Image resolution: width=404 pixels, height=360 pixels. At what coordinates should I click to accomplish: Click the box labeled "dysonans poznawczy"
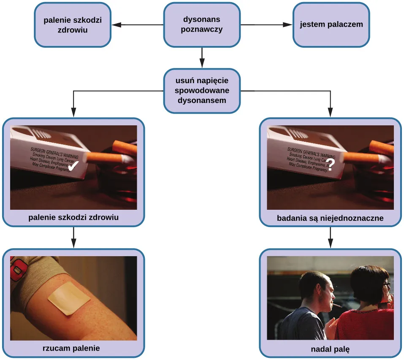click(x=202, y=24)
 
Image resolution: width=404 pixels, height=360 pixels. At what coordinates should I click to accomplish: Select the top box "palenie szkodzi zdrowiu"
click(x=73, y=24)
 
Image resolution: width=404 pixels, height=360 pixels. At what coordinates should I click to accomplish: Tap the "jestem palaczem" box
click(x=331, y=24)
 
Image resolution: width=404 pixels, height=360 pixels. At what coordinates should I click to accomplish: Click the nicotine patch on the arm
click(x=69, y=299)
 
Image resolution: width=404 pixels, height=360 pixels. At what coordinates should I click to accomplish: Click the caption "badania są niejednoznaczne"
click(x=330, y=218)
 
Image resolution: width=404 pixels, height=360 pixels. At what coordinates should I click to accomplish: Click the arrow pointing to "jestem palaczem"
click(x=287, y=24)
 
